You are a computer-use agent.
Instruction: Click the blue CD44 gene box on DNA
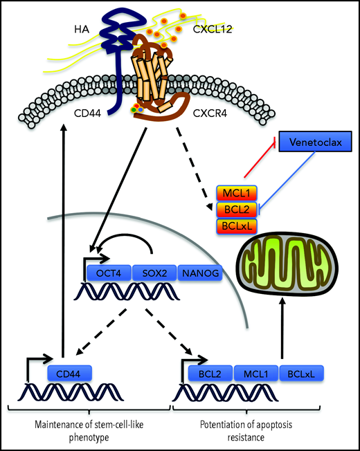click(x=70, y=374)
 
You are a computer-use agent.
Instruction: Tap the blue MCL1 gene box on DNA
click(x=256, y=374)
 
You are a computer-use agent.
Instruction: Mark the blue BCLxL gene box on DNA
click(x=302, y=374)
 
